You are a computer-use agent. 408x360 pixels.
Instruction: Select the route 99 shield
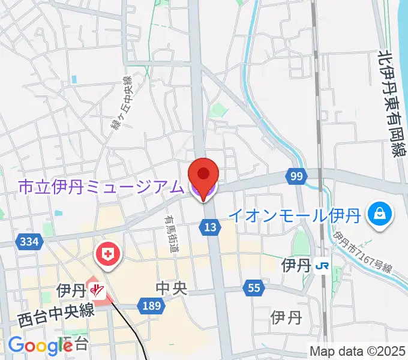[x=295, y=176]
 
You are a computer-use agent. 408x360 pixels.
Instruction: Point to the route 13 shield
[x=209, y=227]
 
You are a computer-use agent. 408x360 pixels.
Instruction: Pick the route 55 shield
[x=254, y=289]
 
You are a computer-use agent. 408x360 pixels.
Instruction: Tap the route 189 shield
[x=151, y=306]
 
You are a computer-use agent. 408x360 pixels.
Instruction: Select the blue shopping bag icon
[x=379, y=213]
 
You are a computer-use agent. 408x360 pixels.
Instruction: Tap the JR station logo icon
[x=322, y=265]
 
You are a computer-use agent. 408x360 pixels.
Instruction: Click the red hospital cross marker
[x=108, y=254]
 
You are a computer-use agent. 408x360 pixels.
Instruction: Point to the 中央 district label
[x=171, y=289]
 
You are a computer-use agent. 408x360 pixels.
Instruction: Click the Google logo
[x=40, y=345]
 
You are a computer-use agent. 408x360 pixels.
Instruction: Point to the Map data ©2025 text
[x=356, y=351]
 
